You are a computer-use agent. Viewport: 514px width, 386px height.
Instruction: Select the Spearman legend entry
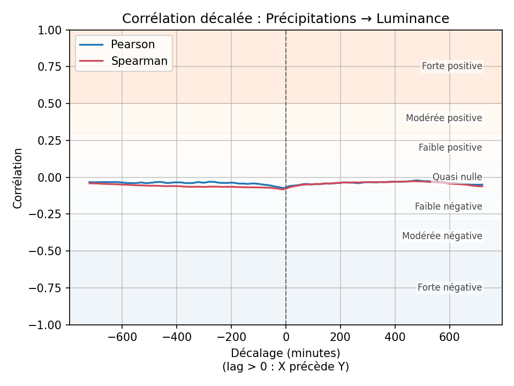click(139, 61)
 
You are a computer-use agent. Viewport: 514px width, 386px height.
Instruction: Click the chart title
click(285, 19)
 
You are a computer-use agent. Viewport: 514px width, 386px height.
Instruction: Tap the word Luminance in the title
click(412, 19)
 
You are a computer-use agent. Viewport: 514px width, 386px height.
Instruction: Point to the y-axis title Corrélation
click(18, 178)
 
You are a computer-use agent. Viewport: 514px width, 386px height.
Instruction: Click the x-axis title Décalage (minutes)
click(285, 353)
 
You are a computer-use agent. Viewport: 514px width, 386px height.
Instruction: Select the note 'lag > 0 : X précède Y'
click(285, 367)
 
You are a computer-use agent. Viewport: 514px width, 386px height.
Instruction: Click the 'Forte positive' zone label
click(452, 66)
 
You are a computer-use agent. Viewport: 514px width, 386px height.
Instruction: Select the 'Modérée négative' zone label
click(442, 236)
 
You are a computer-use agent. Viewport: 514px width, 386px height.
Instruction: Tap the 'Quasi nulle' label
click(457, 177)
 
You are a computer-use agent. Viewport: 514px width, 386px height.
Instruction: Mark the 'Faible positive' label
click(450, 147)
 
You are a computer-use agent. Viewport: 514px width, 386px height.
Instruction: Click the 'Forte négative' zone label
click(450, 288)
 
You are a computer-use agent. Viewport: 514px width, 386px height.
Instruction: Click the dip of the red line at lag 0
click(284, 189)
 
